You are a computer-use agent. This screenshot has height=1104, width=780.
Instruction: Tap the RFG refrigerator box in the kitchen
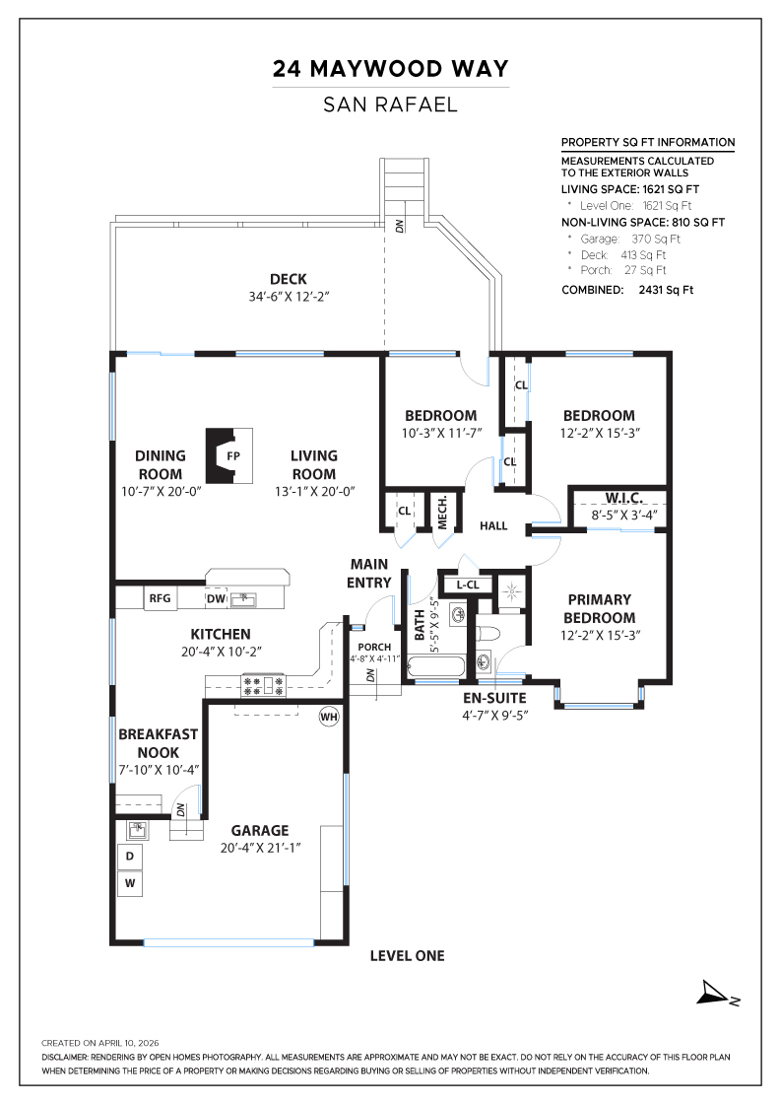click(x=160, y=597)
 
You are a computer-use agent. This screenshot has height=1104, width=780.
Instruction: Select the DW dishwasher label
click(x=215, y=598)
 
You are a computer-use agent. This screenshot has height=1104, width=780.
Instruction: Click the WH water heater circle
click(x=328, y=717)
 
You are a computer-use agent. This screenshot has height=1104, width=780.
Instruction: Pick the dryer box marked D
click(x=129, y=857)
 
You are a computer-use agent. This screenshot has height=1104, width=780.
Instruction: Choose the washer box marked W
click(x=129, y=884)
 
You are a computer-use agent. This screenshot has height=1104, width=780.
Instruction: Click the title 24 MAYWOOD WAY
click(x=391, y=69)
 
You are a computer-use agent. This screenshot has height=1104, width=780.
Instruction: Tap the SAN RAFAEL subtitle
click(x=391, y=104)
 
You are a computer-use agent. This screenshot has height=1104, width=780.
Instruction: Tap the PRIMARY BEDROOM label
click(x=599, y=608)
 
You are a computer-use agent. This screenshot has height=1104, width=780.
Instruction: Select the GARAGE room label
click(x=260, y=830)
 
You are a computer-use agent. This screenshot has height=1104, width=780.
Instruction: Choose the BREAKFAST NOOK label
click(x=158, y=742)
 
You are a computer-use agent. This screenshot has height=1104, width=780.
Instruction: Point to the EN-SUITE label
click(x=495, y=698)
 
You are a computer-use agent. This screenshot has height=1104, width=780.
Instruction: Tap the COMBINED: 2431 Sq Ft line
click(x=627, y=290)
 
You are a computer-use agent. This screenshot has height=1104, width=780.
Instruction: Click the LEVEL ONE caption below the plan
click(x=407, y=955)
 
